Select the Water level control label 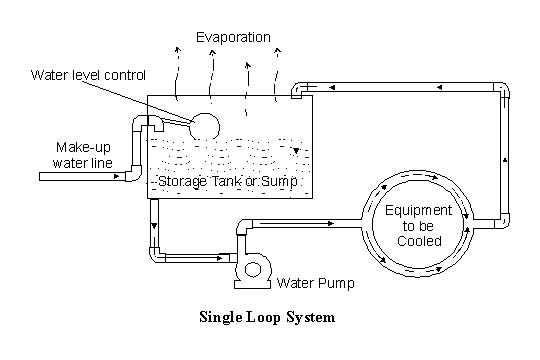click(x=89, y=75)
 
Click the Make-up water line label click(x=74, y=154)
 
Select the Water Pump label click(x=315, y=282)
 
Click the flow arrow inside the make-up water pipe click(x=118, y=177)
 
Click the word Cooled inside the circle click(x=413, y=241)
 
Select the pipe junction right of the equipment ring click(x=479, y=218)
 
